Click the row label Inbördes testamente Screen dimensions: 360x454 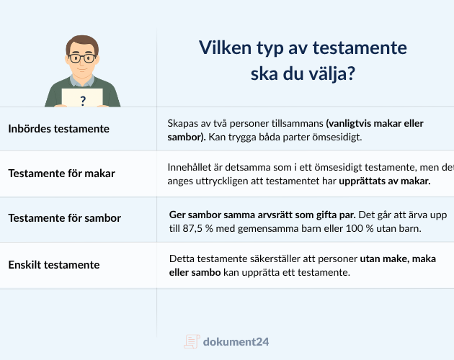coord(58,129)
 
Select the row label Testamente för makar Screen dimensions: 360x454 coord(61,174)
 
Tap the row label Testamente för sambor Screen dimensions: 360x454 coord(64,218)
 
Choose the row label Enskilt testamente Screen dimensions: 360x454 coord(54,264)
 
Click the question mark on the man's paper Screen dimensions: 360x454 coord(83,102)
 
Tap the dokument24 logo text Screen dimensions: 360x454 coord(236,341)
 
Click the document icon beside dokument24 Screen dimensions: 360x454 coord(191,341)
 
